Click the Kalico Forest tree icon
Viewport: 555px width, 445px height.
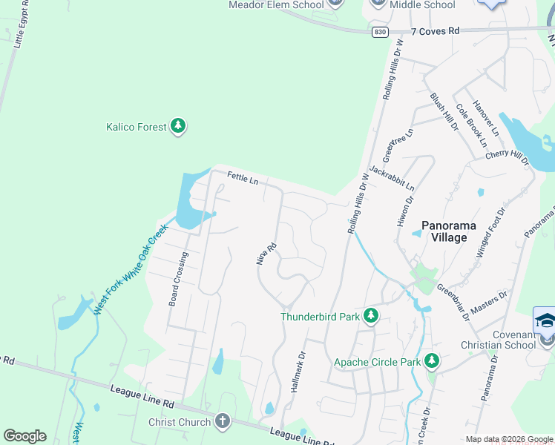177,127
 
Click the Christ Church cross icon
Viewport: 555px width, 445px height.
221,422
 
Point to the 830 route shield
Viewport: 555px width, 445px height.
380,32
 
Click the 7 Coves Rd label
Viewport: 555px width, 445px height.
435,31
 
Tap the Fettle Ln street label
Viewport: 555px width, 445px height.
243,178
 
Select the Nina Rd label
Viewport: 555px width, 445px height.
266,253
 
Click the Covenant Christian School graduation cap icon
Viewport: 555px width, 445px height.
545,321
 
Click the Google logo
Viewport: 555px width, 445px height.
24,436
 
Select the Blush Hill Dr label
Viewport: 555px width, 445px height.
444,112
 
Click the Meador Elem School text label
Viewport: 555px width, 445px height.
276,5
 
